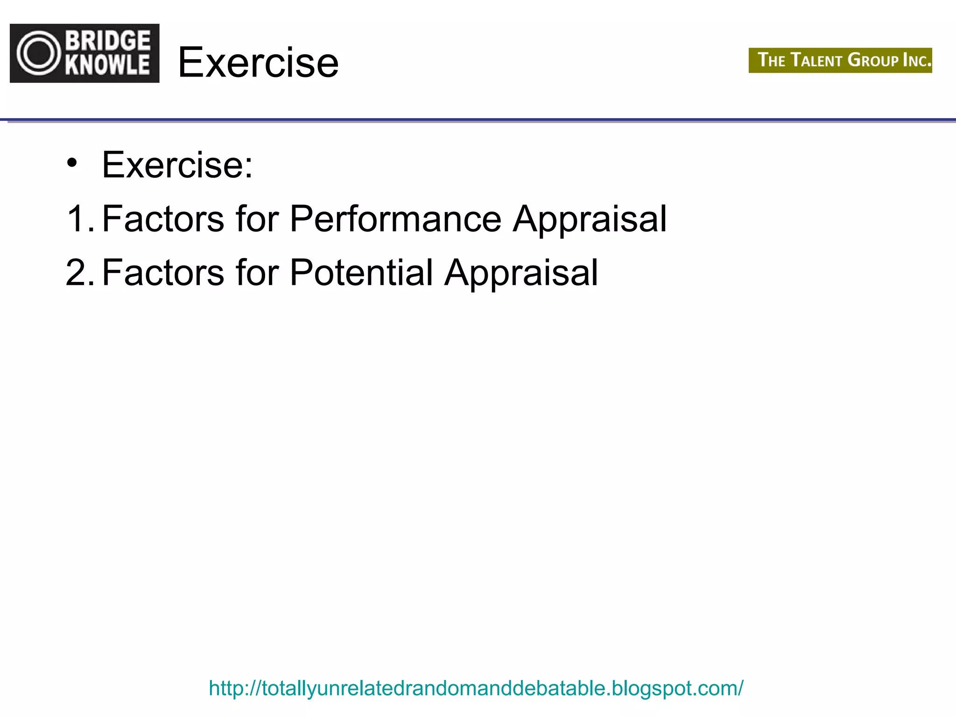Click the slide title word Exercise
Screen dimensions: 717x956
coord(258,63)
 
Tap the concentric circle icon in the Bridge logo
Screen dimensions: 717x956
coord(39,53)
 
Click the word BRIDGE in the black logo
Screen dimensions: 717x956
coord(108,41)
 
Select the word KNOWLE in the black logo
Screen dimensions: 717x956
coord(108,64)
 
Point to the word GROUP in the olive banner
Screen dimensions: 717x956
coord(873,60)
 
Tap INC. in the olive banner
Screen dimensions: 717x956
coord(917,60)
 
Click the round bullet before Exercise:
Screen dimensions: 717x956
coord(71,163)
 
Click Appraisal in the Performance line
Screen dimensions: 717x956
coord(590,219)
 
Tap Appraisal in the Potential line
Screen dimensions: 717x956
coord(521,274)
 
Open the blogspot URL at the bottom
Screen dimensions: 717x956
coord(476,688)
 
